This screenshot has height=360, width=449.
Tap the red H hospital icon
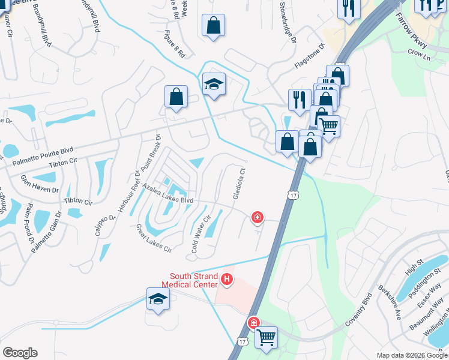(227, 279)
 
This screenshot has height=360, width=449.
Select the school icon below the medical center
(158, 299)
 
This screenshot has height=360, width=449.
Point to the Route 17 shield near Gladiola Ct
(292, 196)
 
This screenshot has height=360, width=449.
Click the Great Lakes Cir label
(154, 238)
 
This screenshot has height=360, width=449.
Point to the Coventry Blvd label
(360, 311)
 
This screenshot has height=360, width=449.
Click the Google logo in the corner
(20, 353)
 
